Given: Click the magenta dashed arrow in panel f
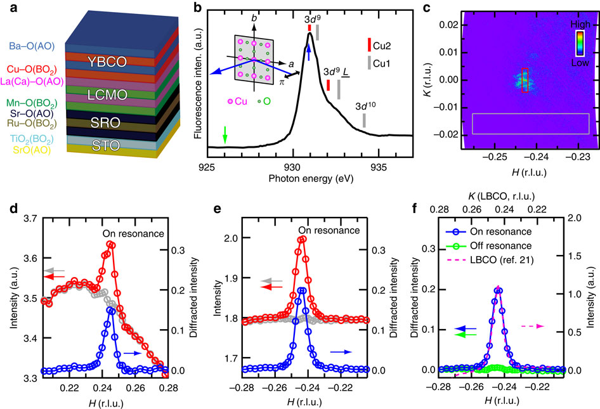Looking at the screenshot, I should pyautogui.click(x=532, y=326).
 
